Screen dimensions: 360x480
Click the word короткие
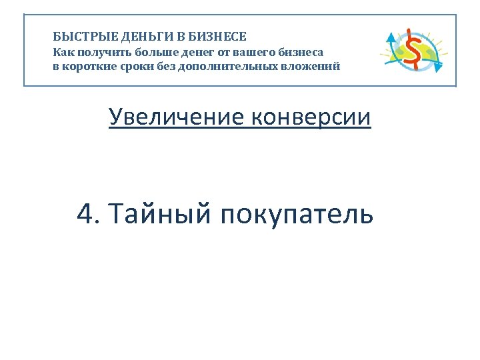pyautogui.click(x=91, y=66)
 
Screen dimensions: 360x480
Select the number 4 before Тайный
pyautogui.click(x=85, y=215)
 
